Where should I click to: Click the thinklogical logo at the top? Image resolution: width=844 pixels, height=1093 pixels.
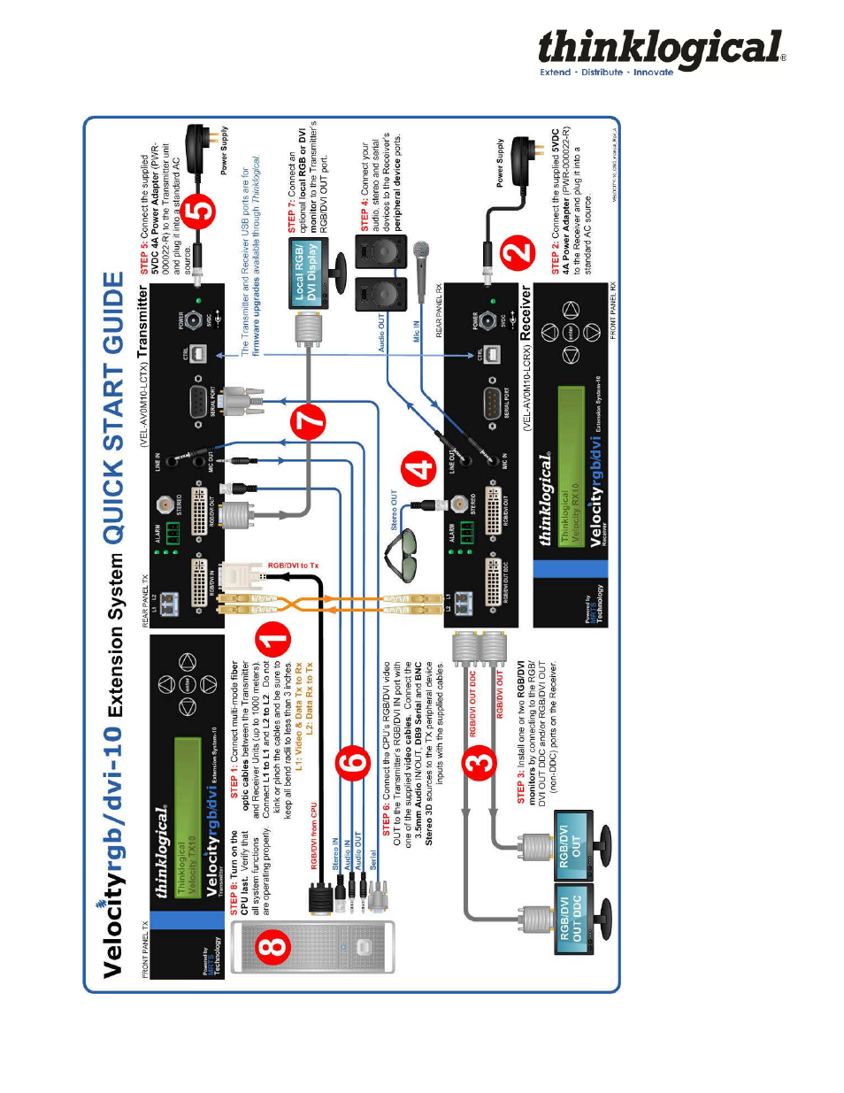(x=661, y=51)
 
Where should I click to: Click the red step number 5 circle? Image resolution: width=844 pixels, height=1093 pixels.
(x=201, y=212)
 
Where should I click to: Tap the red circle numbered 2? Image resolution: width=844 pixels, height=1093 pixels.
(x=518, y=253)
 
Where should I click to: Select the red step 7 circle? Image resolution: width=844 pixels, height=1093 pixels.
(x=309, y=421)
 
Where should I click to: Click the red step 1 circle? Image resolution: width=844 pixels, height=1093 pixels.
(x=272, y=640)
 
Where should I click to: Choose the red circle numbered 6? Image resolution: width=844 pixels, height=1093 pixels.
(x=353, y=762)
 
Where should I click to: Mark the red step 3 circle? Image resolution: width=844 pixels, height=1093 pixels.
(x=481, y=762)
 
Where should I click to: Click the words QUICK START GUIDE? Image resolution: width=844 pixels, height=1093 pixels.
(x=114, y=407)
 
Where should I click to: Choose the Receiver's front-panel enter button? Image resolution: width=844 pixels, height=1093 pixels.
(x=571, y=332)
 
